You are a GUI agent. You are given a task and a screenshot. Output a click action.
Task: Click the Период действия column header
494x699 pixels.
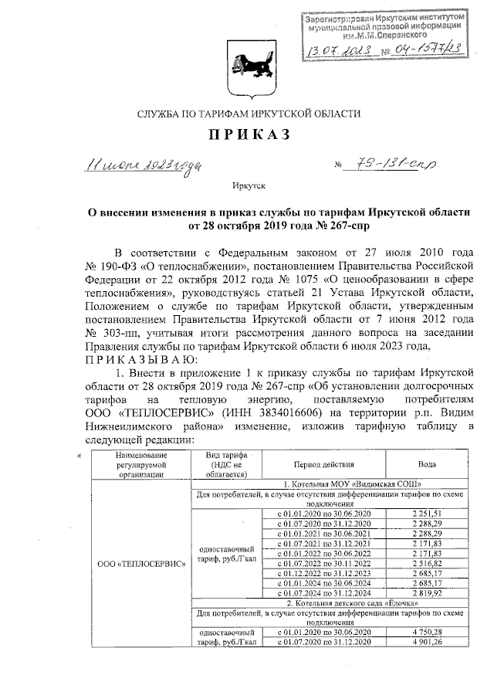tap(323, 465)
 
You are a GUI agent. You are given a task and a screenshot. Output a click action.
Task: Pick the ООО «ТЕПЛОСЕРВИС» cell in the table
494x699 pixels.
tap(142, 564)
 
